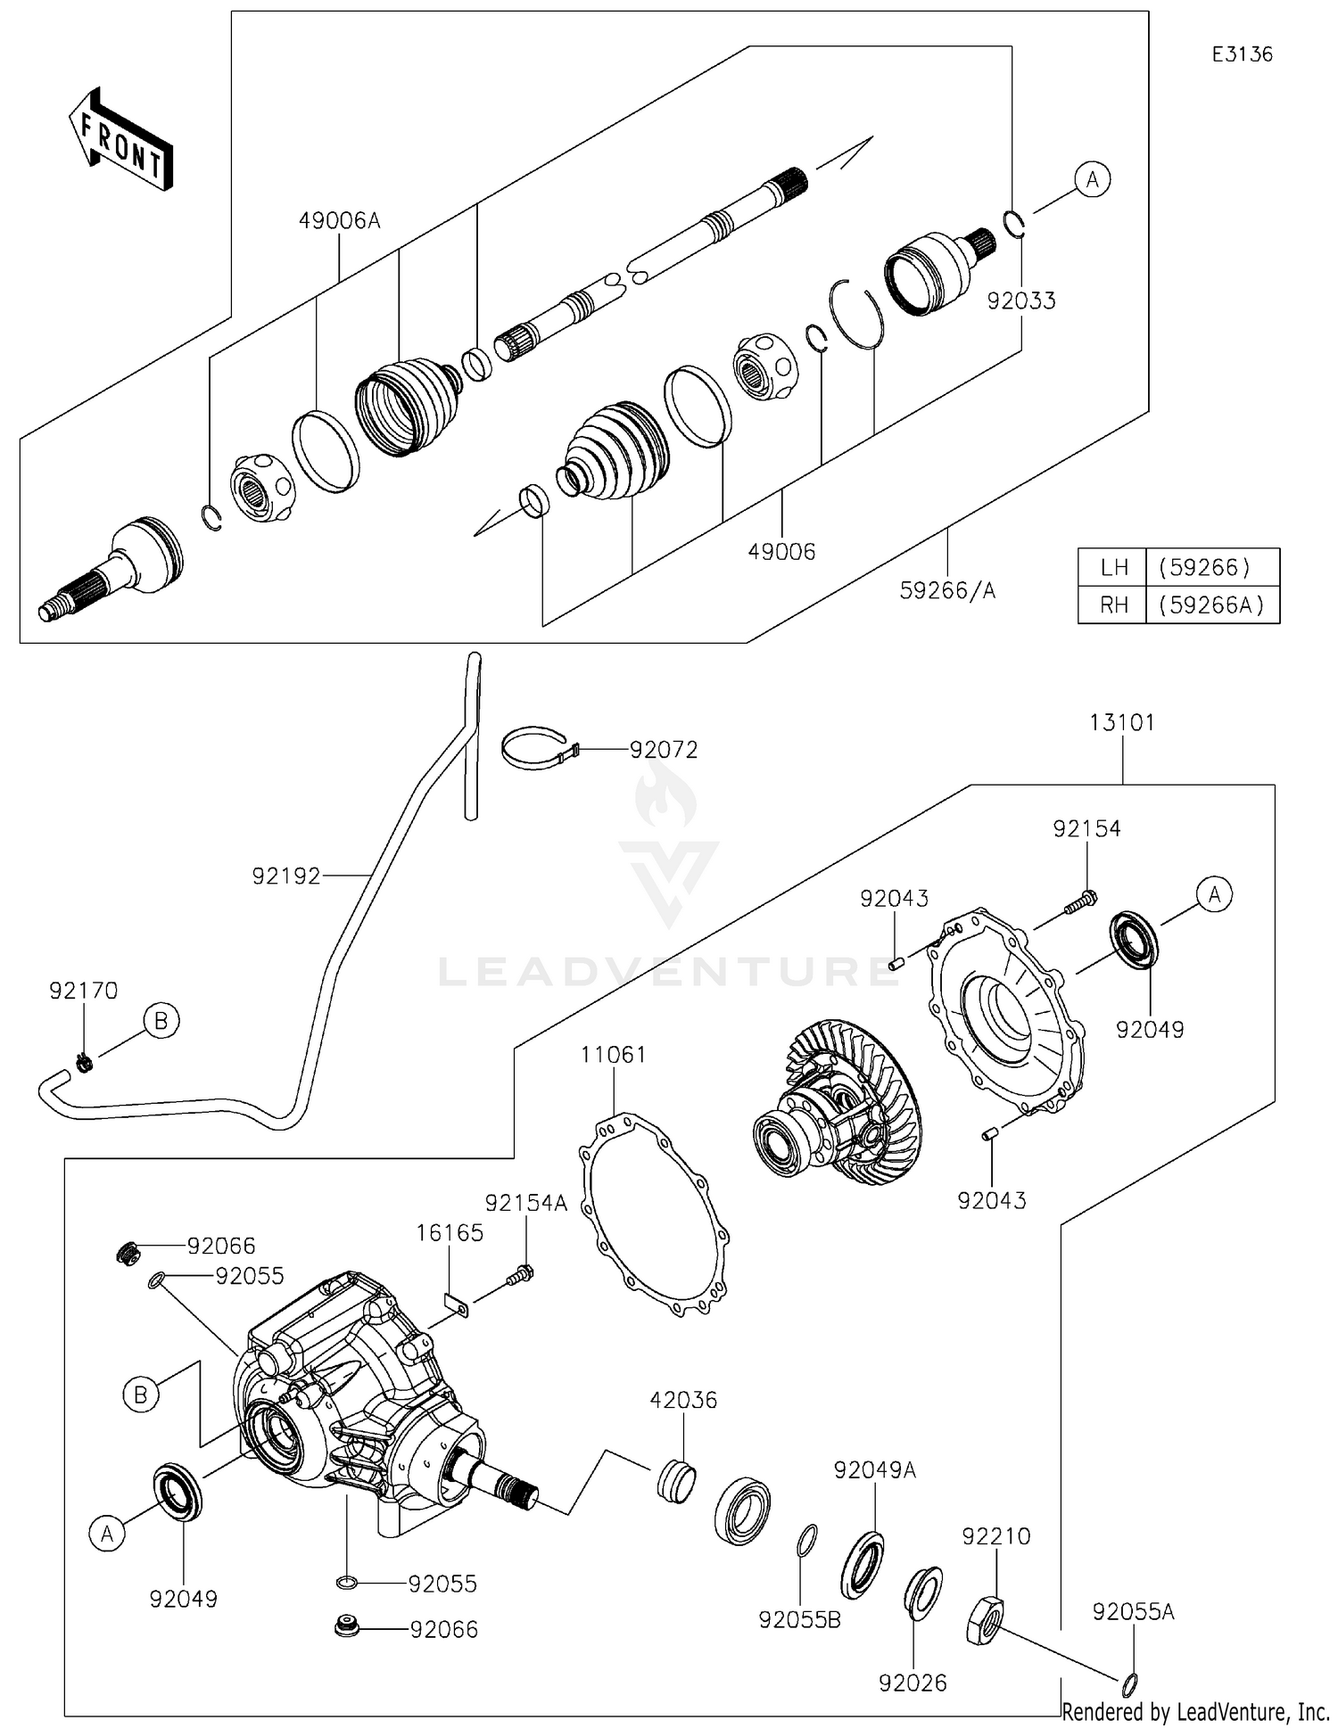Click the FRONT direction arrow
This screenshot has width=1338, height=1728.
[x=120, y=139]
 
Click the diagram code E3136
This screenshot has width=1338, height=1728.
[x=1242, y=54]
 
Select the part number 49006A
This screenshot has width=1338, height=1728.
[x=339, y=220]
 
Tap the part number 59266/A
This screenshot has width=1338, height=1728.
[x=947, y=590]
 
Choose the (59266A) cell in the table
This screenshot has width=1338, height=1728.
[x=1211, y=605]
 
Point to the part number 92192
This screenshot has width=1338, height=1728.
[x=285, y=876]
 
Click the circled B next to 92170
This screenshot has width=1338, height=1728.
[x=161, y=1020]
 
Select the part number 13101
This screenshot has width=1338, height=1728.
[x=1121, y=722]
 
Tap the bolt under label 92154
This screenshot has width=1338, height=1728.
[x=1080, y=901]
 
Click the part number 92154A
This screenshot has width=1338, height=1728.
[x=525, y=1203]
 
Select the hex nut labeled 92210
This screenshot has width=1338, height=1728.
[x=985, y=1621]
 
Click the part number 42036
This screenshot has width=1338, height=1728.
[x=683, y=1400]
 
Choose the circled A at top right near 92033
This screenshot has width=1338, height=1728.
[x=1092, y=180]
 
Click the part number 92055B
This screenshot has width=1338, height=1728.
[x=799, y=1619]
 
